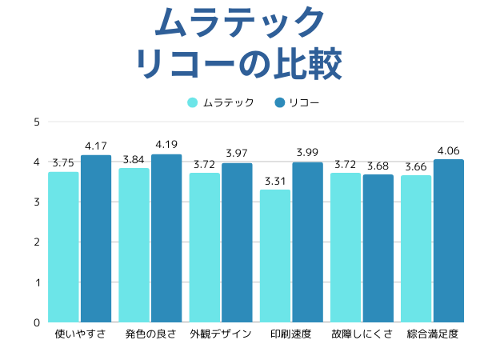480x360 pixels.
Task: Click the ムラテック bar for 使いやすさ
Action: click(63, 247)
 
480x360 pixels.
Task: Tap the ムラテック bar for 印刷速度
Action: click(275, 256)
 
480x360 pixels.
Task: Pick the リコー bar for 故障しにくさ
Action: click(378, 249)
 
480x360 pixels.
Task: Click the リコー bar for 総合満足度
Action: click(449, 241)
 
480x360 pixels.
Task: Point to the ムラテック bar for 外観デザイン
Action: click(205, 248)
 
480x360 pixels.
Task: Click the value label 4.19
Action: click(166, 145)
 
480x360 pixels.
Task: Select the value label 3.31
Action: click(275, 181)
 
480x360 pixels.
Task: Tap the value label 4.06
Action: click(449, 150)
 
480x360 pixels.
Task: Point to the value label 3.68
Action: click(378, 166)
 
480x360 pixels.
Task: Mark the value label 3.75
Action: click(63, 163)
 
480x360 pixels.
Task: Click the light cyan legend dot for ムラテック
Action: click(193, 102)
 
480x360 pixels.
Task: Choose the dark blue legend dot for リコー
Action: click(279, 102)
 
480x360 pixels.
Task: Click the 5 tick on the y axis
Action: click(37, 122)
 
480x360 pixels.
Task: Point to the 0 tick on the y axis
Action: click(37, 322)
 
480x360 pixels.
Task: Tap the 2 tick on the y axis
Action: click(37, 242)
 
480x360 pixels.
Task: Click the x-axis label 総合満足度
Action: click(433, 334)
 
